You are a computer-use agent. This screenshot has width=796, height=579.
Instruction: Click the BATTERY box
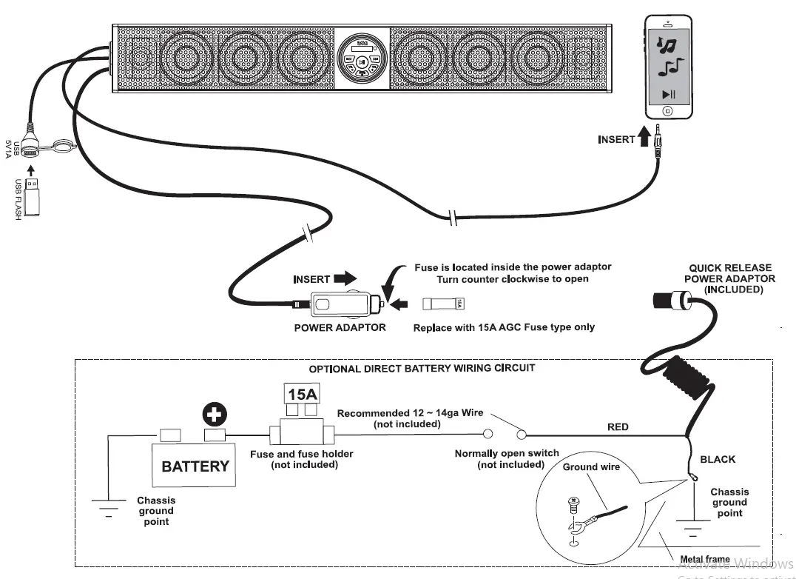(195, 466)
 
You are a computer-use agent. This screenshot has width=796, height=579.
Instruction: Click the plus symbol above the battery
(215, 416)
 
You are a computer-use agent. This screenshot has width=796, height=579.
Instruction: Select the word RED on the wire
(618, 426)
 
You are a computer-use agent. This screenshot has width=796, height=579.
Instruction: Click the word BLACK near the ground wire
(718, 459)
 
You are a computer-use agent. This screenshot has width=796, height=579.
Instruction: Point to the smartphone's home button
(667, 111)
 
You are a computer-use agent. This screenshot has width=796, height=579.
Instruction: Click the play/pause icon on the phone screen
(668, 94)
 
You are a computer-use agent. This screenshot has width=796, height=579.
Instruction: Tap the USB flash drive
(31, 201)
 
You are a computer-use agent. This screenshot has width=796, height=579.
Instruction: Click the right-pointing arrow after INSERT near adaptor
(344, 279)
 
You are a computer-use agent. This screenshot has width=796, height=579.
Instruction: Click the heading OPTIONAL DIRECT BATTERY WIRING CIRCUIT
(422, 368)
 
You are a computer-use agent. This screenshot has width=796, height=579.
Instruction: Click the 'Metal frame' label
(706, 559)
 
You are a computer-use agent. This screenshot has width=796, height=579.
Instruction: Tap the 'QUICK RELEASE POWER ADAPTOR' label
(729, 278)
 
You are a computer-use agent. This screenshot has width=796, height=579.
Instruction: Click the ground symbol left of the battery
(109, 506)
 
